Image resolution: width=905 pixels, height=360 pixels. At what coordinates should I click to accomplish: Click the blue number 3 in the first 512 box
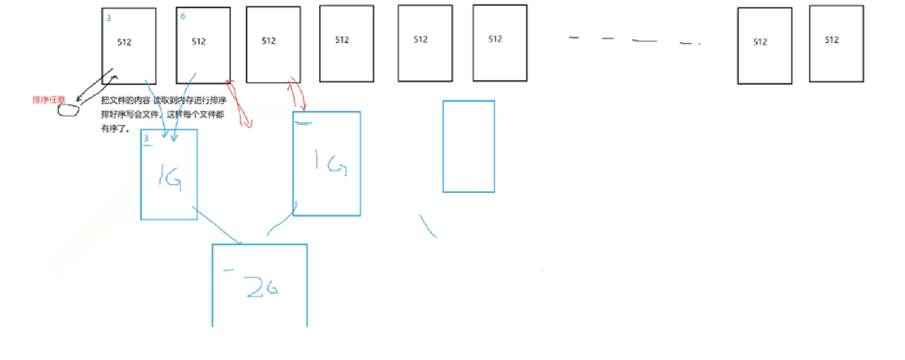click(109, 18)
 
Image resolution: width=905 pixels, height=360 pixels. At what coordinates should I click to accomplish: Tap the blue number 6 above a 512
click(183, 16)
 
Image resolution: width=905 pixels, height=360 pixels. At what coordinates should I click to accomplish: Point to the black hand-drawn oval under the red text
click(69, 110)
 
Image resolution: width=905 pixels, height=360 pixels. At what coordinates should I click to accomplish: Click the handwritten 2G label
click(262, 288)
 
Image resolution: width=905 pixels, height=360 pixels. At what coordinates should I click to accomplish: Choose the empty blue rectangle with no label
click(468, 146)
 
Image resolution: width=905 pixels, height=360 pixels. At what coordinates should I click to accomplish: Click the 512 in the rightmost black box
click(831, 40)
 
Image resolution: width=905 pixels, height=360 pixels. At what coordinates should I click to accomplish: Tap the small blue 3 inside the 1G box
click(146, 139)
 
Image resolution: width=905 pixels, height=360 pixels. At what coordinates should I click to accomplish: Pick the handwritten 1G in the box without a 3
click(329, 165)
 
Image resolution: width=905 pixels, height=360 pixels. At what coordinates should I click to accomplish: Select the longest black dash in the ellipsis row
click(644, 41)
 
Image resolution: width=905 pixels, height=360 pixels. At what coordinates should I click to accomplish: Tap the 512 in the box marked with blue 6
click(198, 42)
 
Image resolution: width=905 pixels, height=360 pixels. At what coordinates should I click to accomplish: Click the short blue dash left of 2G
click(228, 270)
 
